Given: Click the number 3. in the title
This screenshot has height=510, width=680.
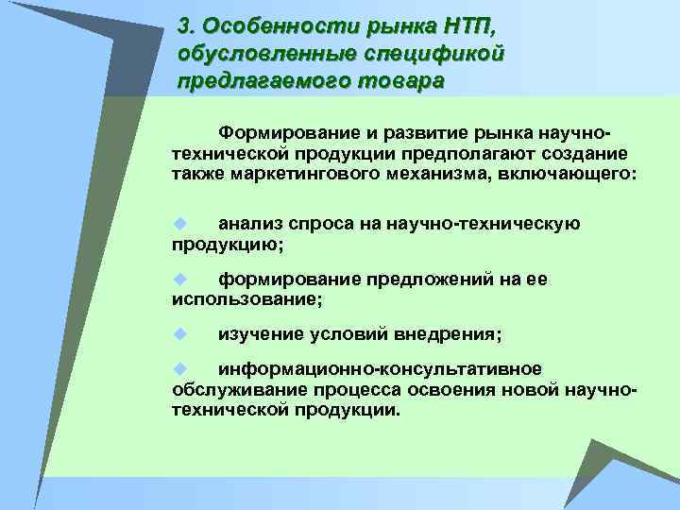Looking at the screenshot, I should pos(187,24).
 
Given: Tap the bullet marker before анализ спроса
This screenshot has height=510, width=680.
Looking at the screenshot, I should pos(177,224).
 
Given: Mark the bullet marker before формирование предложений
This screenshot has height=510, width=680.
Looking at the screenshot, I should pos(177,279).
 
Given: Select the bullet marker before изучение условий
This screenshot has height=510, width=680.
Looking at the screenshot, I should pos(177,334).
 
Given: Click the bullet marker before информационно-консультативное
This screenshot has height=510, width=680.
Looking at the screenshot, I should pos(177,367).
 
